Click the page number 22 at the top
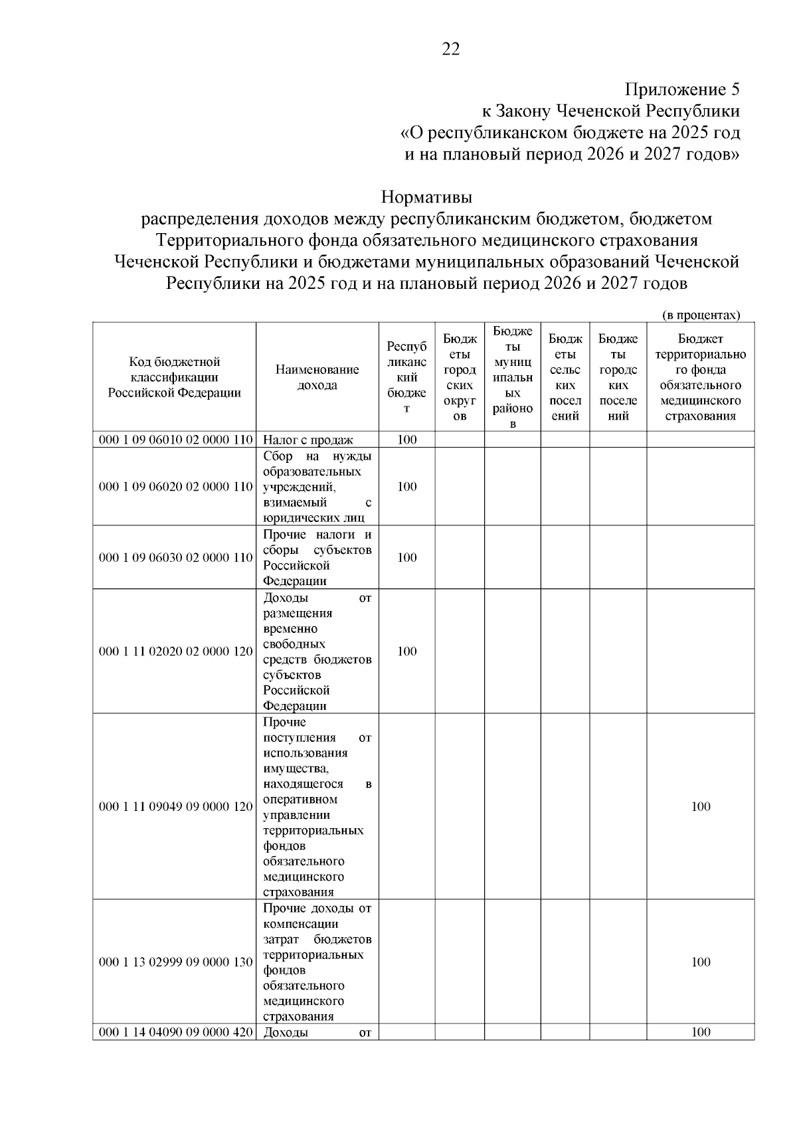(450, 50)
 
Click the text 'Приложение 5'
(682, 89)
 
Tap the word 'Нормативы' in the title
(426, 197)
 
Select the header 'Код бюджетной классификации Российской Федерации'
(175, 377)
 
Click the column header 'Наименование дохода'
(317, 377)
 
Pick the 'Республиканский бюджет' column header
(406, 377)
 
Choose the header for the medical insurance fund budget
(701, 377)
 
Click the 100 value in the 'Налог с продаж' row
(406, 440)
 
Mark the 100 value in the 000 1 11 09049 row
(701, 807)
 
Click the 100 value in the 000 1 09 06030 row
(406, 558)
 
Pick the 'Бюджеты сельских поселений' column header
(565, 377)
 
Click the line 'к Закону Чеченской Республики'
(610, 111)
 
